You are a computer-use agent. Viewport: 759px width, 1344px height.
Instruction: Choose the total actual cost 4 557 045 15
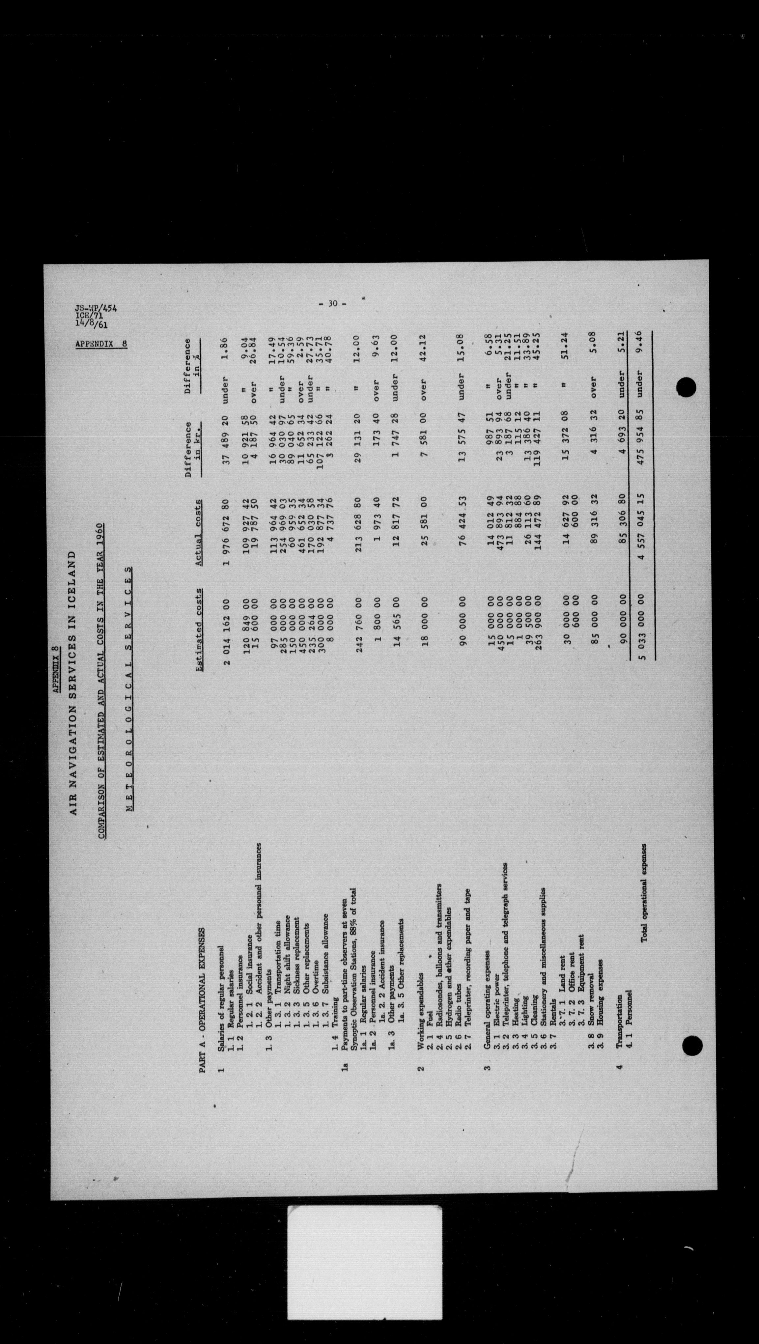645,527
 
